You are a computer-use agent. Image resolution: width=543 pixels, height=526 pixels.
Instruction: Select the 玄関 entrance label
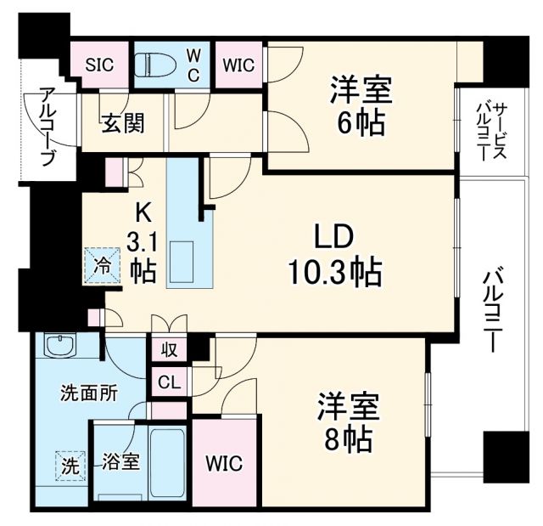(x=124, y=123)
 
